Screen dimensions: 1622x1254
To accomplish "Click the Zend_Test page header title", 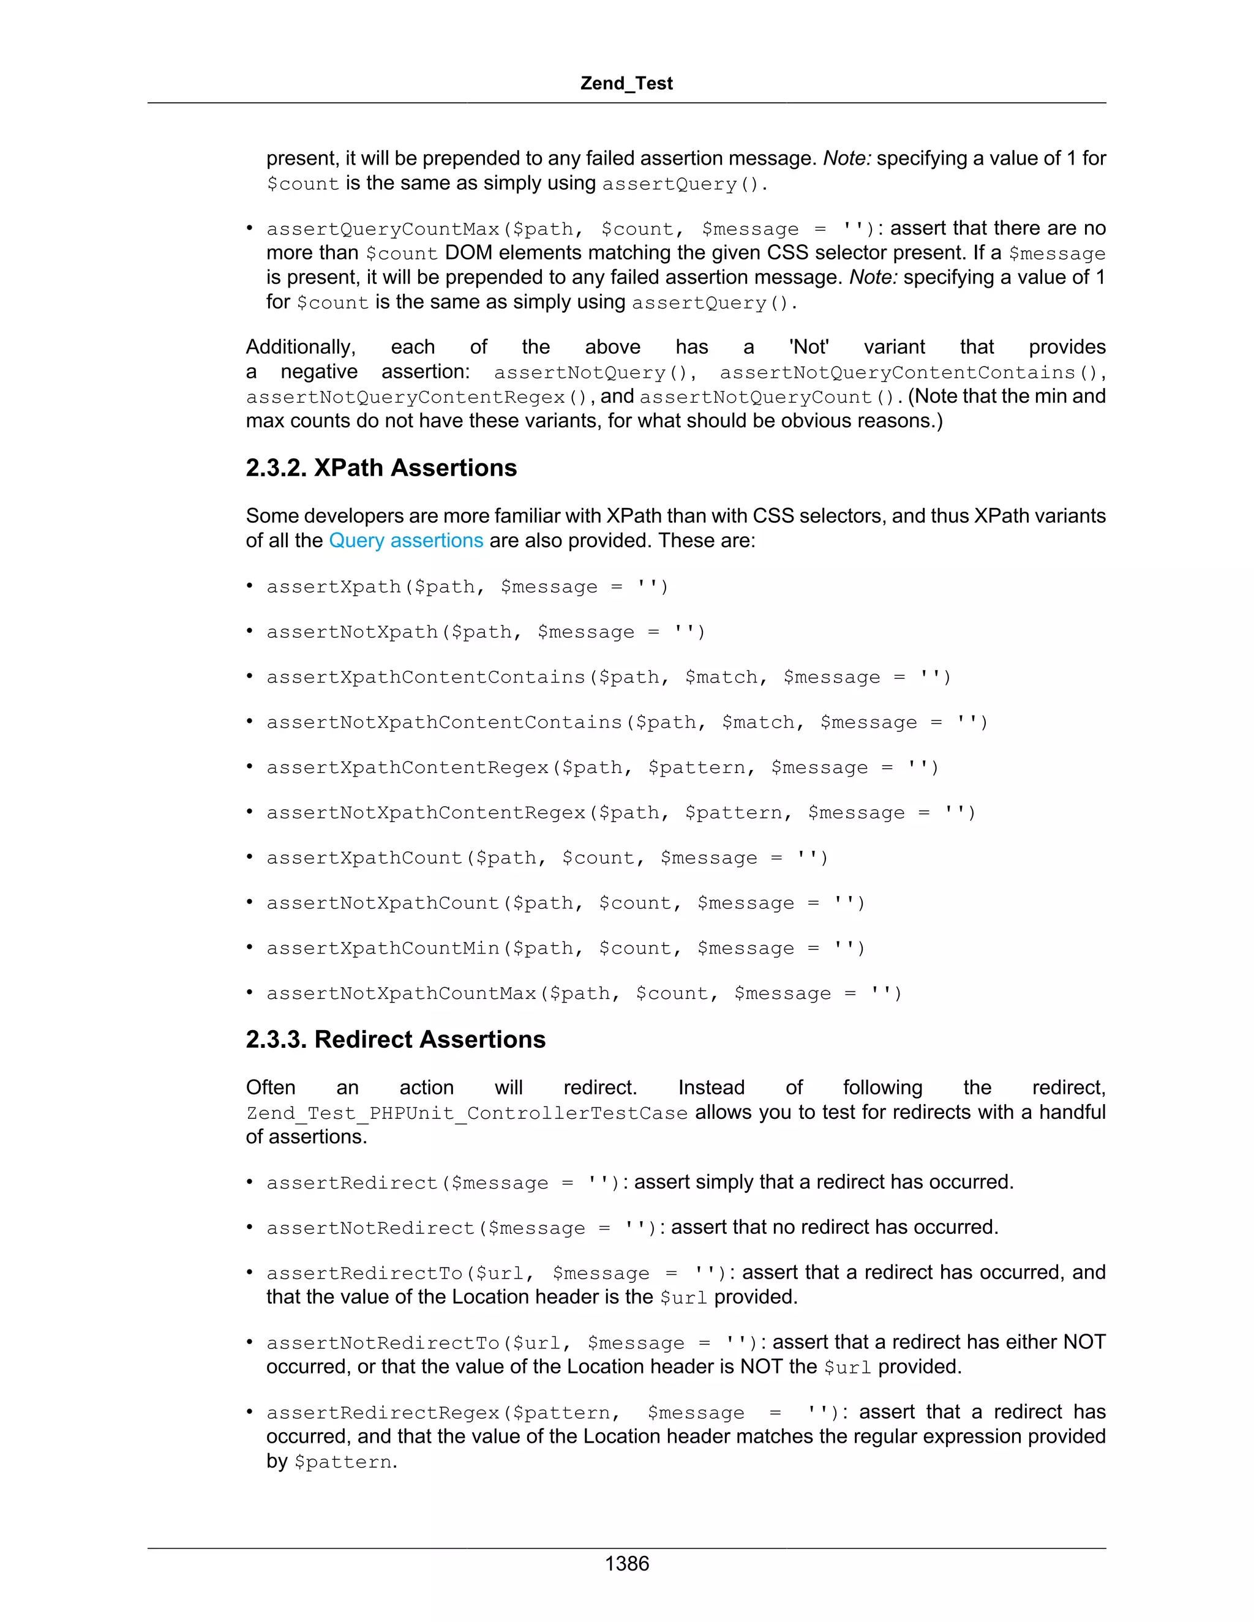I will pyautogui.click(x=626, y=83).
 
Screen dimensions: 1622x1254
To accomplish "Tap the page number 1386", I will pyautogui.click(x=626, y=1563).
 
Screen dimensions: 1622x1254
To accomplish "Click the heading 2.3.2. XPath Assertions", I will pyautogui.click(x=381, y=468).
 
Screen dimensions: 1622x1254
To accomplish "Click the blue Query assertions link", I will pyautogui.click(x=405, y=540).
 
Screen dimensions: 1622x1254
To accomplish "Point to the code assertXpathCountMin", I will pyautogui.click(x=383, y=948).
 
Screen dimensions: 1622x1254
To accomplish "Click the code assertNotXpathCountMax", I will pyautogui.click(x=401, y=993).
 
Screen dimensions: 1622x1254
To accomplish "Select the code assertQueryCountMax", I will pyautogui.click(x=383, y=229).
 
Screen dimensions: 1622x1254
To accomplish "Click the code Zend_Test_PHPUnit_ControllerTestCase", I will pyautogui.click(x=467, y=1113).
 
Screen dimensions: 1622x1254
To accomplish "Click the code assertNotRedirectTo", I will pyautogui.click(x=383, y=1343).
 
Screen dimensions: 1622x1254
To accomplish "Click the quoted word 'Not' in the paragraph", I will pyautogui.click(x=809, y=347).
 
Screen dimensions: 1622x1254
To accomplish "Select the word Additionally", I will pyautogui.click(x=300, y=347).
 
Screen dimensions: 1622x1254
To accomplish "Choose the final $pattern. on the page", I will pyautogui.click(x=345, y=1462).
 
